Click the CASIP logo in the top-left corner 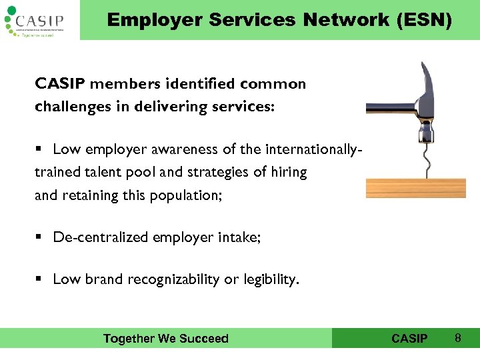point(37,20)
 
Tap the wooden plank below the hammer point(421,180)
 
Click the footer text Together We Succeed point(165,339)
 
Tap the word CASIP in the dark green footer point(409,339)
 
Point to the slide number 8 point(458,338)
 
